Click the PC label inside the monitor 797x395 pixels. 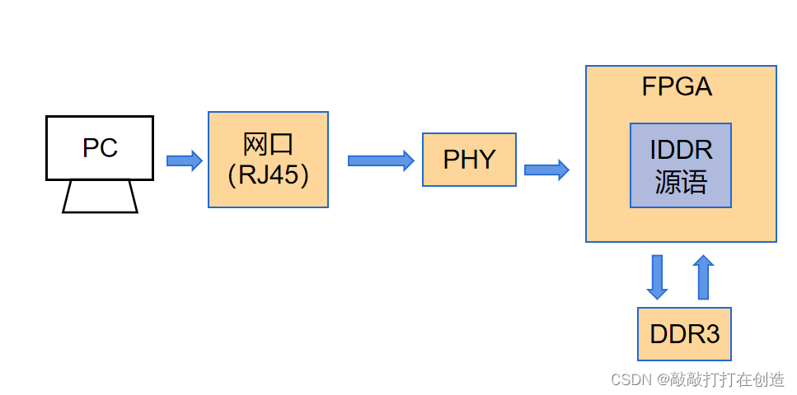click(100, 148)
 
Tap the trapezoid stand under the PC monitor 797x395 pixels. click(100, 197)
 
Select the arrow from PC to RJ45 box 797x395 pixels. click(184, 160)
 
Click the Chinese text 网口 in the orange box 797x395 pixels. click(268, 144)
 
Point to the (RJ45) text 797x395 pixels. click(268, 175)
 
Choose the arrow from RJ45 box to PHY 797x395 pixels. click(380, 160)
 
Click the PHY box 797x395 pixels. click(469, 160)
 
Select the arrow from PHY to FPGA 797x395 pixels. click(546, 170)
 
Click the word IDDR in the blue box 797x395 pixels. click(681, 151)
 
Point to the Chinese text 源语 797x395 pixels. click(681, 182)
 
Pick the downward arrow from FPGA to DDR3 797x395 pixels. click(657, 276)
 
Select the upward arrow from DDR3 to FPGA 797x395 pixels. click(703, 276)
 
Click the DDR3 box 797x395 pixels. click(684, 334)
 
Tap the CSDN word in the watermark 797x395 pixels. click(630, 379)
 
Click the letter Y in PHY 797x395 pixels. click(486, 160)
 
